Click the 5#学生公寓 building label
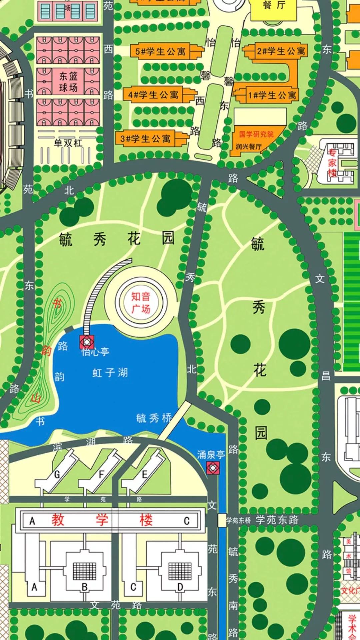[x=160, y=51]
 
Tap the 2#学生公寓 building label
[x=281, y=51]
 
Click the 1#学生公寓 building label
[x=272, y=95]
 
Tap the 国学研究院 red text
[x=256, y=134]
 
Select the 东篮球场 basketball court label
[x=68, y=82]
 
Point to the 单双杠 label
[x=68, y=143]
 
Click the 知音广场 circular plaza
[x=141, y=302]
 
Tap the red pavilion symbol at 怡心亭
[x=87, y=342]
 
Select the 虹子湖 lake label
[x=110, y=372]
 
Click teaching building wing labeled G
[x=57, y=474]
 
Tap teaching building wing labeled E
[x=145, y=474]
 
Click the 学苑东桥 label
[x=238, y=520]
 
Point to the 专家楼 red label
[x=332, y=163]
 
